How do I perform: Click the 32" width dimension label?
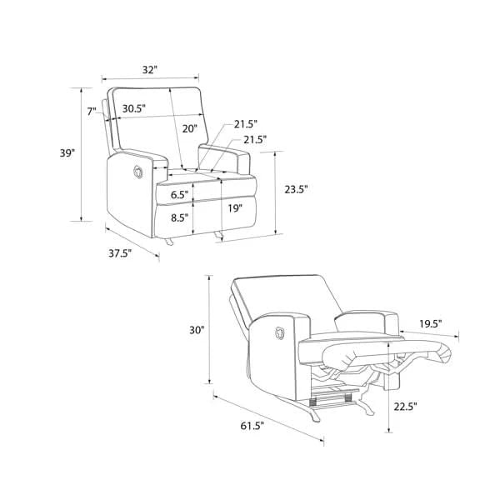pyautogui.click(x=150, y=69)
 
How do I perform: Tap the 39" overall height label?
pyautogui.click(x=67, y=153)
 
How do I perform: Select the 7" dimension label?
pyautogui.click(x=92, y=112)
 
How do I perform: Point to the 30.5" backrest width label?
pyautogui.click(x=134, y=108)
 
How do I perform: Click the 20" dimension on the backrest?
pyautogui.click(x=190, y=129)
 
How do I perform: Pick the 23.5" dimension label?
pyautogui.click(x=296, y=189)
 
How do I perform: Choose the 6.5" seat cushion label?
pyautogui.click(x=179, y=194)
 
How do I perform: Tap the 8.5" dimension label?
pyautogui.click(x=179, y=217)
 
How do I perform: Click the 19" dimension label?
pyautogui.click(x=235, y=208)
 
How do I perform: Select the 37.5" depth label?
pyautogui.click(x=120, y=253)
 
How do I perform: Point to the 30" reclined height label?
pyautogui.click(x=197, y=330)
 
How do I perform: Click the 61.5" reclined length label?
pyautogui.click(x=252, y=426)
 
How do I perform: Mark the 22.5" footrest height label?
pyautogui.click(x=405, y=407)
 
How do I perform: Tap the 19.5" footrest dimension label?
pyautogui.click(x=431, y=324)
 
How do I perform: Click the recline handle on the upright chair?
pyautogui.click(x=138, y=172)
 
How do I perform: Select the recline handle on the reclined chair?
pyautogui.click(x=279, y=333)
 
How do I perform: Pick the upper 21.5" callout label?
pyautogui.click(x=246, y=124)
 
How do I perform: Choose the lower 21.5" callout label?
pyautogui.click(x=255, y=140)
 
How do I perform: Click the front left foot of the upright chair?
pyautogui.click(x=168, y=242)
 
